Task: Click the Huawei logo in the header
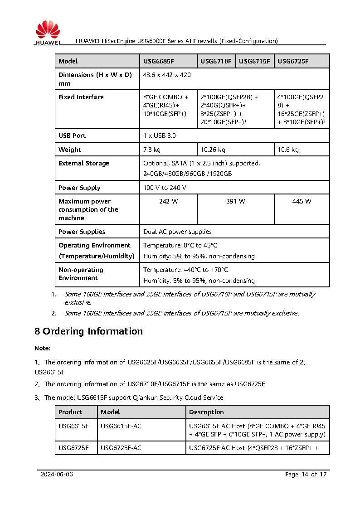[48, 34]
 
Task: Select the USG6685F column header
[159, 61]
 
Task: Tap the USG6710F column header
[216, 61]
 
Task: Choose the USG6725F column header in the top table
[293, 61]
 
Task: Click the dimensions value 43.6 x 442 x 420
[166, 75]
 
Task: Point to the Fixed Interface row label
[81, 97]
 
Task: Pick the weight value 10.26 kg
[213, 150]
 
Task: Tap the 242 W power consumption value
[168, 201]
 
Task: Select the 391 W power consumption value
[235, 201]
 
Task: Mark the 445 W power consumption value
[302, 201]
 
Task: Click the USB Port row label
[72, 136]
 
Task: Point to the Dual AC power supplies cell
[177, 232]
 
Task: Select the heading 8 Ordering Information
[89, 331]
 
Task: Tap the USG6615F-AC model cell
[121, 426]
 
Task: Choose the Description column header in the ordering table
[206, 412]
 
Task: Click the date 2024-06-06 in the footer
[57, 475]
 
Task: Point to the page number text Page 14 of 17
[306, 475]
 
